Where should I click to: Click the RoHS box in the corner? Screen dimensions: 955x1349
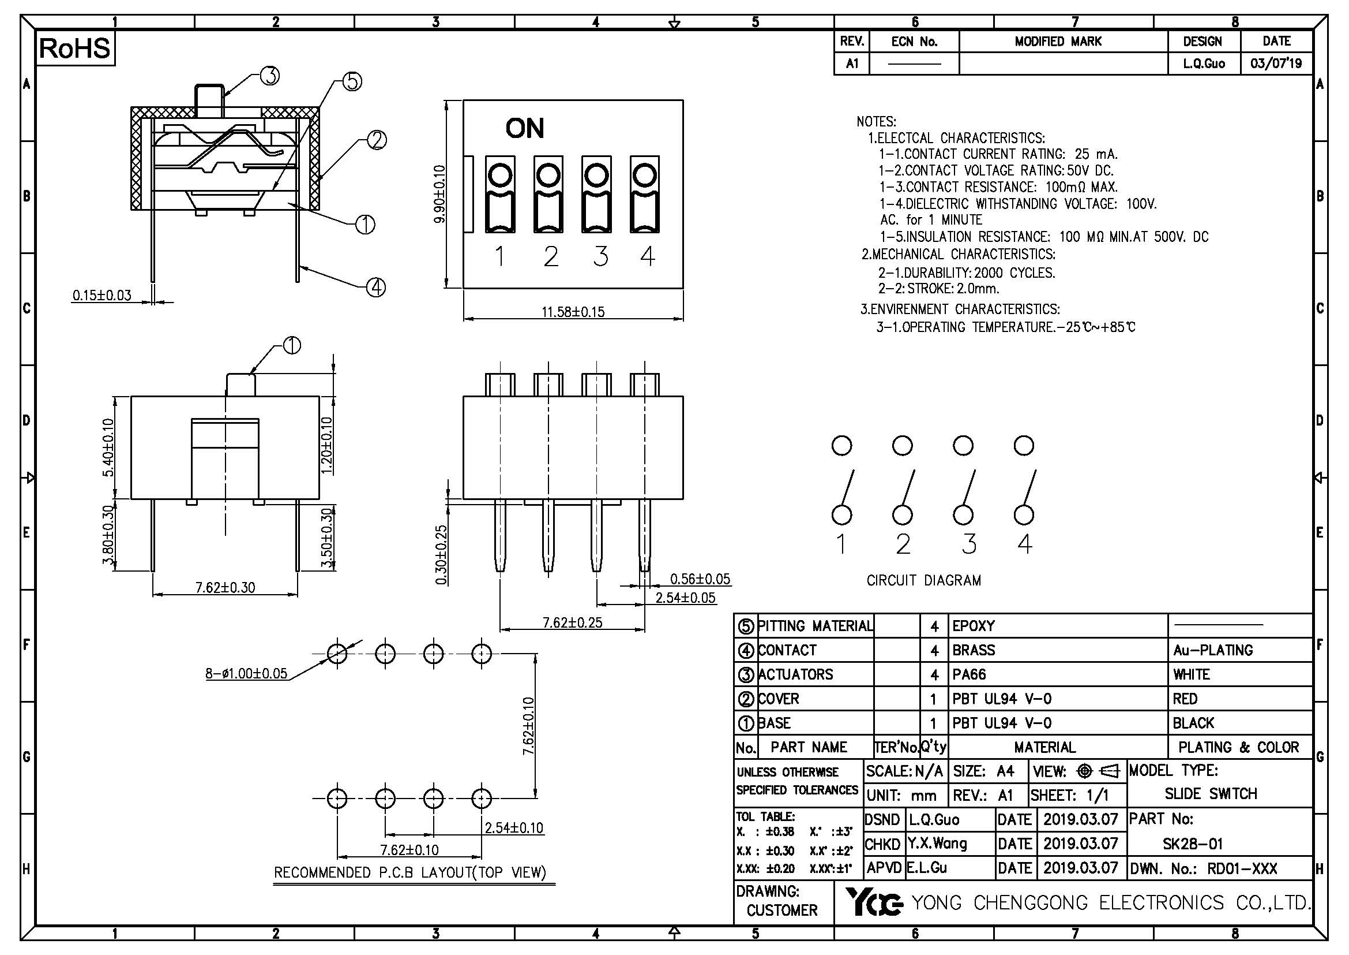pyautogui.click(x=75, y=49)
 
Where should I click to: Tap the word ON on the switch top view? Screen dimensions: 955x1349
pyautogui.click(x=525, y=128)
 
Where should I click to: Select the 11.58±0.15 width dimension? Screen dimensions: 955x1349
pyautogui.click(x=572, y=312)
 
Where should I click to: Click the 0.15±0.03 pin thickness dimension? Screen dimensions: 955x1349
pyautogui.click(x=102, y=295)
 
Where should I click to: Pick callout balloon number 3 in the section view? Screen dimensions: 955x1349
pyautogui.click(x=269, y=76)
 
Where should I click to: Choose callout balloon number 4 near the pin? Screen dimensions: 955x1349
pyautogui.click(x=376, y=288)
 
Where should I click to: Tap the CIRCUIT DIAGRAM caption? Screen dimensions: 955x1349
pyautogui.click(x=923, y=581)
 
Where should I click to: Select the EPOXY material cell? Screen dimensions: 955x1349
pyautogui.click(x=974, y=626)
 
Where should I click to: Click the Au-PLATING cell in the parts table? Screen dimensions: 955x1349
pyautogui.click(x=1213, y=650)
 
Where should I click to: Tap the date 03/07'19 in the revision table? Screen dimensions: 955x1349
pyautogui.click(x=1276, y=64)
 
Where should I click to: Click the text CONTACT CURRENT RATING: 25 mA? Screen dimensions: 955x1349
pyautogui.click(x=998, y=154)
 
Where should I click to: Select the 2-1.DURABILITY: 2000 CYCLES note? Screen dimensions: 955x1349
pyautogui.click(x=967, y=273)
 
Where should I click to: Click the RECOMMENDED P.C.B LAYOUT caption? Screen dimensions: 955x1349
pyautogui.click(x=410, y=872)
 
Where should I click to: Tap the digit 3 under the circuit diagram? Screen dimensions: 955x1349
pyautogui.click(x=969, y=543)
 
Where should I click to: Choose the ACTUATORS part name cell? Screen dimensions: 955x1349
pyautogui.click(x=795, y=674)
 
